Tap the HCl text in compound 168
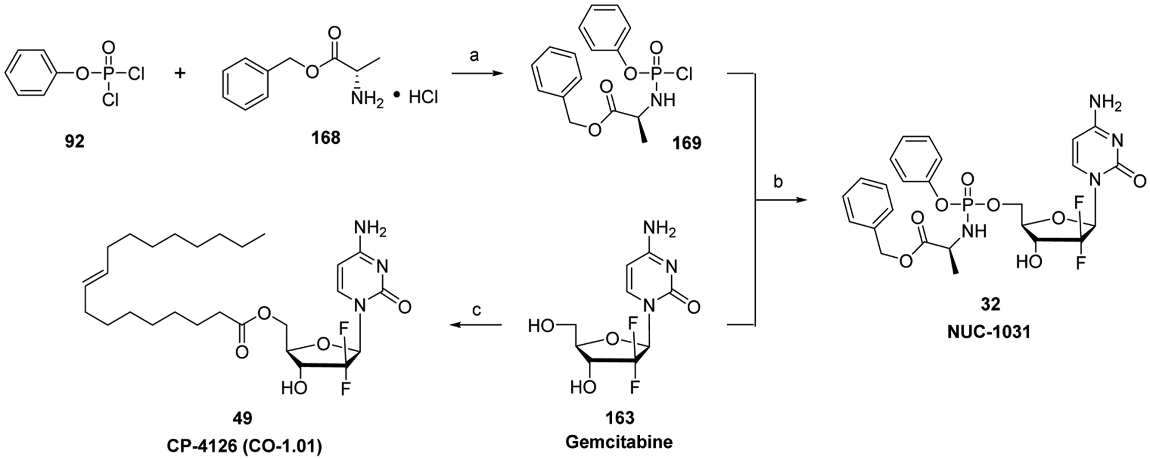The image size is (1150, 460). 423,99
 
